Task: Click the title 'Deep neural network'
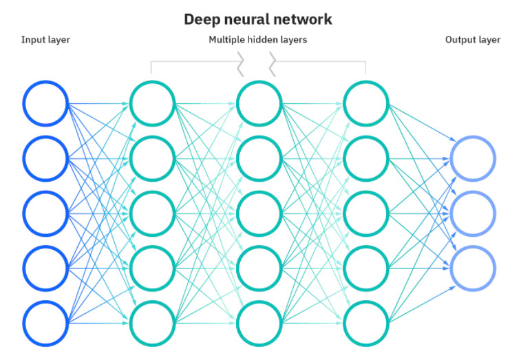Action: click(257, 19)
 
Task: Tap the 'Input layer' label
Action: click(45, 40)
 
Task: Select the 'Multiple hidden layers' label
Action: click(257, 40)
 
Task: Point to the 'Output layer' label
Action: click(472, 40)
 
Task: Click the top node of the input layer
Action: click(45, 104)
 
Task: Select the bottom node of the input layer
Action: click(45, 321)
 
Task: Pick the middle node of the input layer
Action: click(45, 213)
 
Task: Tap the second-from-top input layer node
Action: click(45, 158)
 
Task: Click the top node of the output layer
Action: click(472, 158)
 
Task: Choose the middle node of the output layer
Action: click(472, 213)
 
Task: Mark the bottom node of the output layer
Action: click(472, 267)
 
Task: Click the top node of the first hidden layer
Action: click(152, 104)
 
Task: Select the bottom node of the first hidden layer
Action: click(152, 321)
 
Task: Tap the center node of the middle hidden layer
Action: click(259, 213)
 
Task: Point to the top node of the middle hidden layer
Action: click(259, 104)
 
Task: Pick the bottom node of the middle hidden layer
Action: click(259, 321)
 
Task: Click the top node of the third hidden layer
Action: click(365, 104)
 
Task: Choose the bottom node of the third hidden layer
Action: click(365, 321)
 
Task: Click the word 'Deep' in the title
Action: click(200, 19)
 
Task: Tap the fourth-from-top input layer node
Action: click(45, 267)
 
